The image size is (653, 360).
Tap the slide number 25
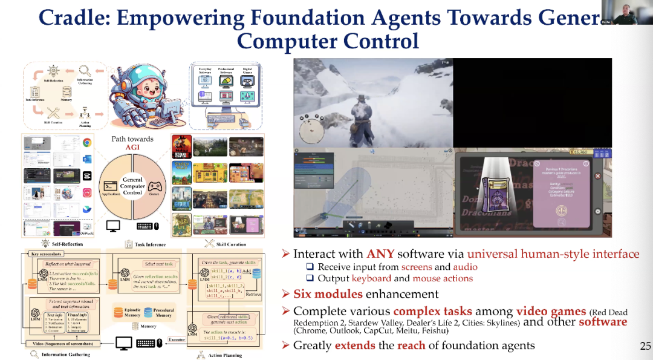click(x=645, y=346)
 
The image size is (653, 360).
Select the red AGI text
click(x=132, y=147)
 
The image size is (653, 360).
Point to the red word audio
click(x=466, y=267)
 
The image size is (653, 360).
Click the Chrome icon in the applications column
click(x=87, y=143)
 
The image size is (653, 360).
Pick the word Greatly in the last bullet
click(x=312, y=345)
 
